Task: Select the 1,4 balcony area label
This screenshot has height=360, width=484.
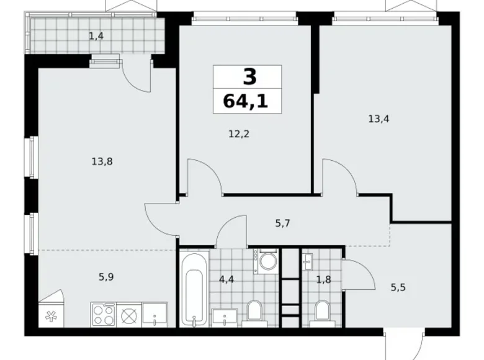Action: tap(96, 36)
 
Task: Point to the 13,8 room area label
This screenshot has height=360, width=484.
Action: tap(102, 161)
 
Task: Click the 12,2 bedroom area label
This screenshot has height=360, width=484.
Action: tap(239, 133)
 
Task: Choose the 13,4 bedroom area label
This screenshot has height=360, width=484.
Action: tap(379, 116)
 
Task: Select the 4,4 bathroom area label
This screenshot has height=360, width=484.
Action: tap(226, 279)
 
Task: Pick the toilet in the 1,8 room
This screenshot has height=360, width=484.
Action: tap(321, 312)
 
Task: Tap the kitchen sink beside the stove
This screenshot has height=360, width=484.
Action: tap(154, 315)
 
